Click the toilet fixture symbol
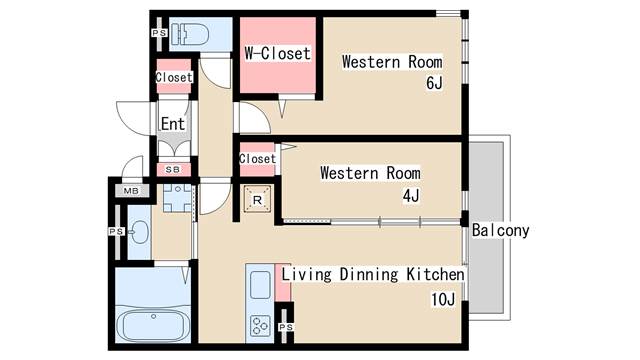(x=190, y=34)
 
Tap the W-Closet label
(x=278, y=53)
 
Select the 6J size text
(x=434, y=83)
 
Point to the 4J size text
(x=411, y=196)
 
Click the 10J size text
(x=443, y=300)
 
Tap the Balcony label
(x=500, y=230)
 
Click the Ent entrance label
(x=173, y=124)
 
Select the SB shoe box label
(x=173, y=169)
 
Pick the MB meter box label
(x=131, y=191)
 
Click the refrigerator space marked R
(x=257, y=200)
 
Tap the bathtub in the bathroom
(x=153, y=325)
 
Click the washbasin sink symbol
(x=140, y=232)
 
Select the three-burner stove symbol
(x=260, y=326)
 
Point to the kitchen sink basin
(x=260, y=284)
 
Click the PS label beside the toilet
(x=159, y=33)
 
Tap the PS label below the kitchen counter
(x=286, y=327)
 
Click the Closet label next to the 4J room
(x=258, y=158)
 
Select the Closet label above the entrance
(x=174, y=77)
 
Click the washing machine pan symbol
(x=178, y=198)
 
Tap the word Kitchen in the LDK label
(x=436, y=274)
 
